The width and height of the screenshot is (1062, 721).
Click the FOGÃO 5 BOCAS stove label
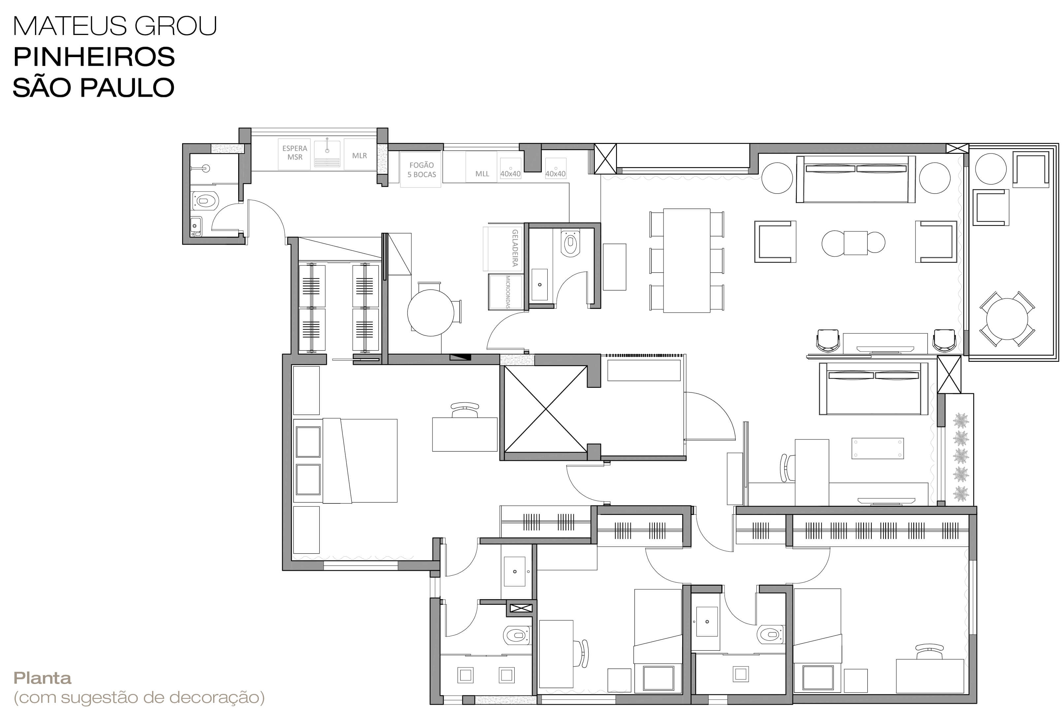point(421,170)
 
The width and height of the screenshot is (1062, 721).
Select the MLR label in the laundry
point(359,155)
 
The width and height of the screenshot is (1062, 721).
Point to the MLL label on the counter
point(482,174)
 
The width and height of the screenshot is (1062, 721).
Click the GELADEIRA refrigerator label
point(515,248)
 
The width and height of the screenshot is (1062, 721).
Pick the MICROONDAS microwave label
point(508,292)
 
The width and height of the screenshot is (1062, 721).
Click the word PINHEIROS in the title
point(94,57)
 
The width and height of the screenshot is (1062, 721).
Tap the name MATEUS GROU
point(115,26)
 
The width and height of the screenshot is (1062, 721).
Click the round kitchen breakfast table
point(431,313)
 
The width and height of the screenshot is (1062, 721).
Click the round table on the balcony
point(1007,319)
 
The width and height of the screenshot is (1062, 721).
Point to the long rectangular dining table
point(686,260)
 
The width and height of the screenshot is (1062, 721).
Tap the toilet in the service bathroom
point(206,201)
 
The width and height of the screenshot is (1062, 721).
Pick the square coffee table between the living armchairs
point(855,243)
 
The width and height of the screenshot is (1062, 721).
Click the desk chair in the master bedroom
point(465,410)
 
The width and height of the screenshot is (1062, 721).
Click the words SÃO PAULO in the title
point(94,87)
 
